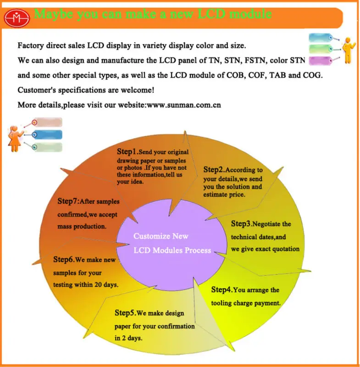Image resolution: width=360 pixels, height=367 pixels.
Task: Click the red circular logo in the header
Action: pyautogui.click(x=17, y=18)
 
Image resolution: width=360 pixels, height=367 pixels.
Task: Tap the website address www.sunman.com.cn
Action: pyautogui.click(x=184, y=105)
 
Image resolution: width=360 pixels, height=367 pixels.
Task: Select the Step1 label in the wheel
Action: pyautogui.click(x=127, y=151)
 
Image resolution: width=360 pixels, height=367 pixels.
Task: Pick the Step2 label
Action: pyautogui.click(x=213, y=169)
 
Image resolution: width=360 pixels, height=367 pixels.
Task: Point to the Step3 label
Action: pyautogui.click(x=241, y=223)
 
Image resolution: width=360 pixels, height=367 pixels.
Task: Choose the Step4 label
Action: pyautogui.click(x=221, y=289)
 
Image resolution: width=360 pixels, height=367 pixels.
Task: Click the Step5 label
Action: pyautogui.click(x=124, y=313)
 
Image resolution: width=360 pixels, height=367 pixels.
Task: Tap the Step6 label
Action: pyautogui.click(x=63, y=259)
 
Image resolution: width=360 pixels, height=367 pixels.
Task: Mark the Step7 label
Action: pyautogui.click(x=67, y=201)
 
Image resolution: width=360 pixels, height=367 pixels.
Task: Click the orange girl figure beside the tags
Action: pyautogui.click(x=15, y=139)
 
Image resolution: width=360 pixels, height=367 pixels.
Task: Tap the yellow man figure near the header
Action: pyautogui.click(x=349, y=50)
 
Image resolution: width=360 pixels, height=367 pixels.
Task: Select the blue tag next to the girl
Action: pyautogui.click(x=48, y=135)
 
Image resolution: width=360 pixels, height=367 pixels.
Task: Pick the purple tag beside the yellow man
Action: pyautogui.click(x=321, y=61)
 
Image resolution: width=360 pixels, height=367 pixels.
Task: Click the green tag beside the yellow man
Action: pyautogui.click(x=321, y=49)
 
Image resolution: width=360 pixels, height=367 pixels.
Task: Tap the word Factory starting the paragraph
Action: pyautogui.click(x=31, y=45)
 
